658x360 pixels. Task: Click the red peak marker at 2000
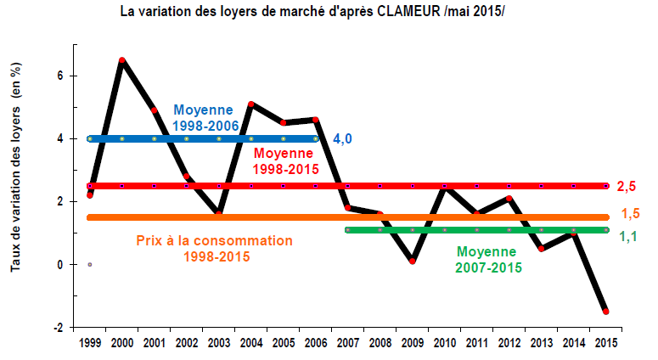point(122,60)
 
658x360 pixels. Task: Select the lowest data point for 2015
point(605,312)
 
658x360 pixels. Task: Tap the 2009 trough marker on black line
point(412,261)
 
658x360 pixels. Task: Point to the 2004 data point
point(251,104)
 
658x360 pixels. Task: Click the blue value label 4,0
point(342,138)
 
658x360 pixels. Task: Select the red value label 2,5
point(626,186)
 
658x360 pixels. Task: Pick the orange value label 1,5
point(629,214)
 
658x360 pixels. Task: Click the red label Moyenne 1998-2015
point(285,160)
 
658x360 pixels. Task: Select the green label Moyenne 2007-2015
point(486,259)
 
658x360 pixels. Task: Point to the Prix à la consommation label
point(214,247)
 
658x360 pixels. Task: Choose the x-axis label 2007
point(347,343)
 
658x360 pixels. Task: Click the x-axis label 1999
point(90,343)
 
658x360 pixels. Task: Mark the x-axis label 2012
point(509,343)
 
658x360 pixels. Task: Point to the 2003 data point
point(219,212)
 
